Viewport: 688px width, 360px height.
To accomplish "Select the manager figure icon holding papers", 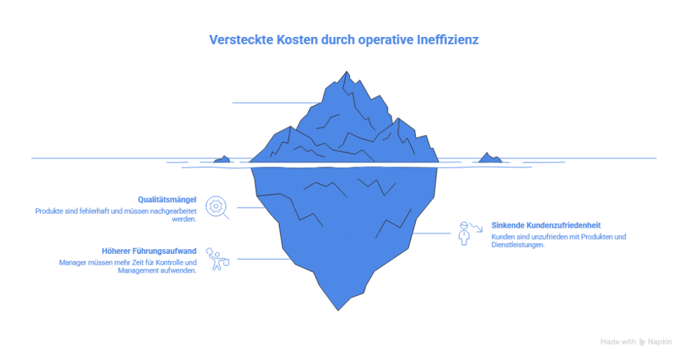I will coord(217,259).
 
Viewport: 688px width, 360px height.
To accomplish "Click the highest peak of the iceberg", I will coord(346,73).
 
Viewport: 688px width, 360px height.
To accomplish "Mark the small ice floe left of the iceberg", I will coord(222,159).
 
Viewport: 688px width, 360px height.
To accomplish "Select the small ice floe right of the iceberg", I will coord(489,158).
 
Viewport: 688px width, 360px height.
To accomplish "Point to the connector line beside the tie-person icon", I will coord(431,233).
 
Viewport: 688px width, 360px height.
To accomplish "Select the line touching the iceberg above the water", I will coord(269,103).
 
